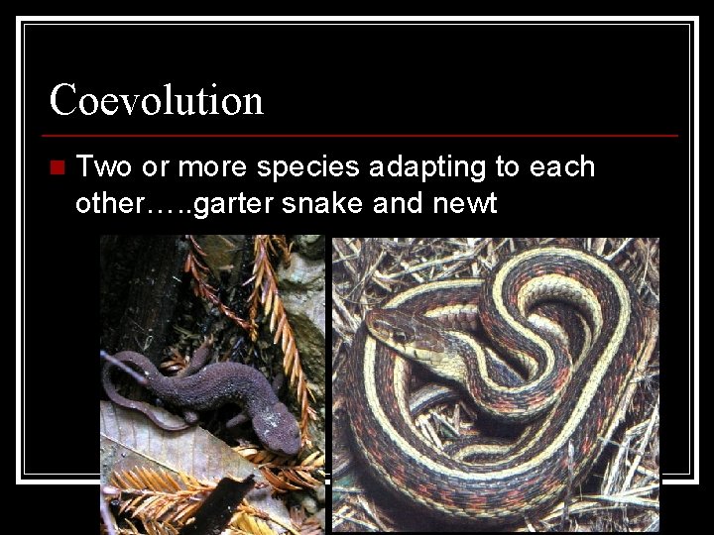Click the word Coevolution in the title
click(157, 100)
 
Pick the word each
click(562, 166)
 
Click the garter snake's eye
click(398, 336)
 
